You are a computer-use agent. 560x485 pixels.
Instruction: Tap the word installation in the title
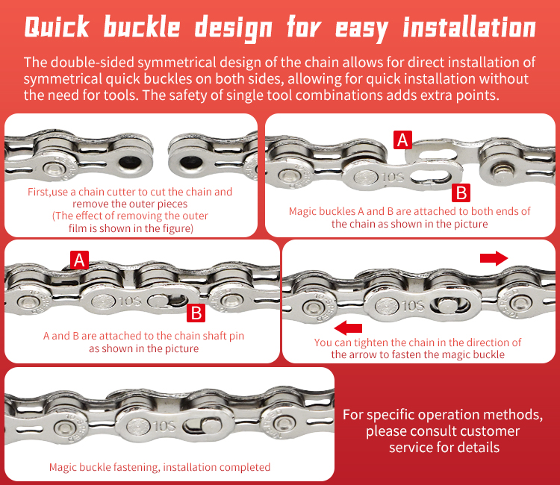(469, 28)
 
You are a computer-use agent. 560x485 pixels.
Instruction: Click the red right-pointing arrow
(493, 257)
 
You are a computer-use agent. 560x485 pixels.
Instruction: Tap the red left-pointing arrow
(349, 327)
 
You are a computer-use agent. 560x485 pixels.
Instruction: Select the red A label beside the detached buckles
(402, 139)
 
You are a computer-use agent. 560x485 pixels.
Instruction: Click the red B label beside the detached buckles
(461, 193)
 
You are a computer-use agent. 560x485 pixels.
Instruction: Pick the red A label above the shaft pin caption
(79, 259)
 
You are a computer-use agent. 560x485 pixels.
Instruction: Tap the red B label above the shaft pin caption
(196, 313)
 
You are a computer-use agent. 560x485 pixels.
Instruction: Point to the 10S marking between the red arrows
(414, 305)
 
